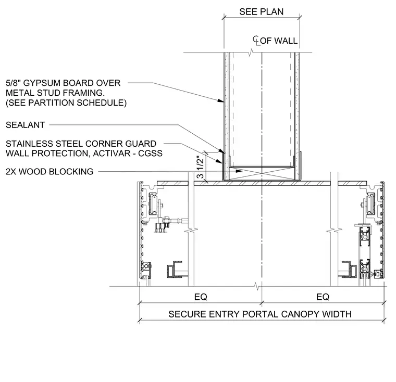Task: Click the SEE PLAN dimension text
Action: point(262,11)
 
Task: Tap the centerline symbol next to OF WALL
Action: point(256,41)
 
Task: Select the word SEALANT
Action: point(25,125)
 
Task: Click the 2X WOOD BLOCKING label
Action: point(49,172)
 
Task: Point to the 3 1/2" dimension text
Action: point(200,168)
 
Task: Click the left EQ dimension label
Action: point(201,297)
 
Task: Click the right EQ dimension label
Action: point(323,297)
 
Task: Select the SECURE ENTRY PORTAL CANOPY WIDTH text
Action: point(260,314)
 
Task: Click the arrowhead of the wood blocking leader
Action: point(239,171)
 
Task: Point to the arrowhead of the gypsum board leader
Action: point(221,100)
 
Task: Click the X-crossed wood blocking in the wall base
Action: point(262,173)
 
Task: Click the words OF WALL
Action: point(279,41)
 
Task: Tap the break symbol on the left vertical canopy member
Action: point(191,231)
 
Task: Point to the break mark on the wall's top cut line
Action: point(251,53)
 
